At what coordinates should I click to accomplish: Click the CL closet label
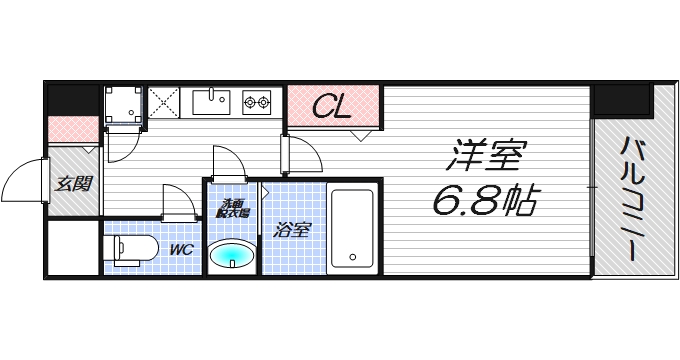(332, 107)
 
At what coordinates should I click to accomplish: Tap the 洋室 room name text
(487, 156)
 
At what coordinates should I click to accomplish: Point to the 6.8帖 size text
(485, 200)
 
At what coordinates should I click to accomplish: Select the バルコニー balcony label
(634, 199)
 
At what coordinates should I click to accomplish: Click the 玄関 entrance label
(73, 184)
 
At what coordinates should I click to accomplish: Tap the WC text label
(181, 249)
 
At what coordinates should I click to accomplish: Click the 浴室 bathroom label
(291, 230)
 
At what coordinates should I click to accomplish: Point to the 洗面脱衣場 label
(233, 208)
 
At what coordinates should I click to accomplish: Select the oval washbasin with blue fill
(232, 255)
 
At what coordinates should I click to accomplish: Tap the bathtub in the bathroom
(352, 228)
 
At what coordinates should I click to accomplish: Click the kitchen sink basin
(211, 102)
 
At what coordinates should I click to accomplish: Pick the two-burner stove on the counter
(257, 102)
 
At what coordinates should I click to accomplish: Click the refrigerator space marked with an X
(163, 102)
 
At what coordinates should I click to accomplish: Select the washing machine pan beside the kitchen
(124, 105)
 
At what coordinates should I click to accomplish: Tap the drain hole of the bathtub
(353, 257)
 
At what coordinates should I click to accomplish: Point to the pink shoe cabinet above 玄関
(73, 129)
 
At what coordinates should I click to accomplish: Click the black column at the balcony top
(623, 101)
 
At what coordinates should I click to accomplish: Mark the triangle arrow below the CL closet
(361, 136)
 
